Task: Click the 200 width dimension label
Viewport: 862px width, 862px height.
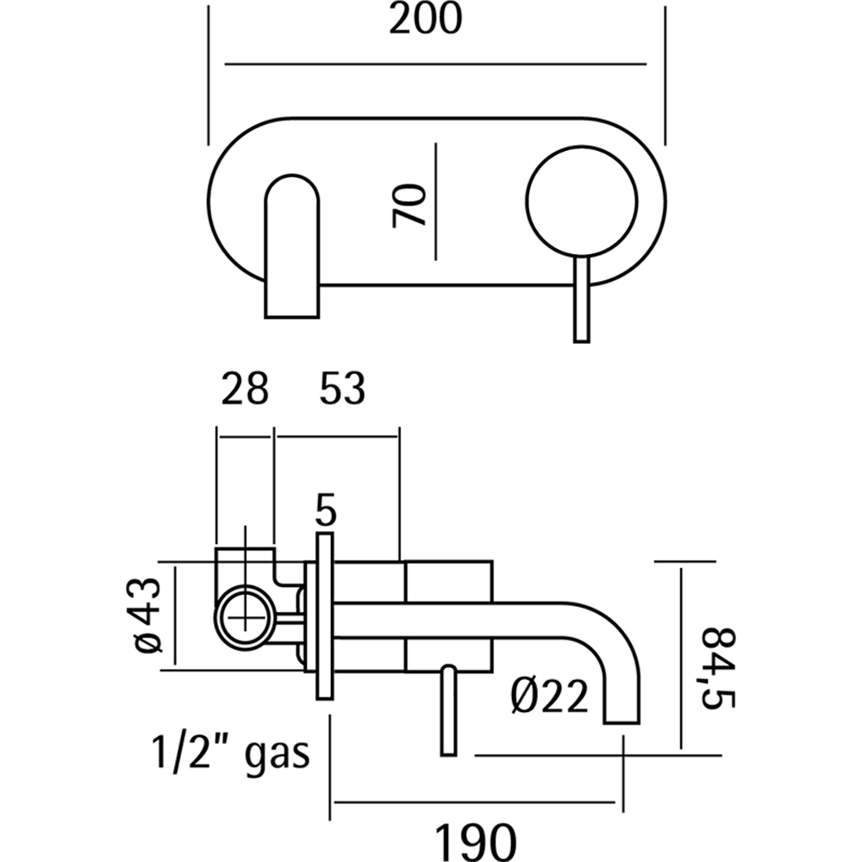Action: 425,20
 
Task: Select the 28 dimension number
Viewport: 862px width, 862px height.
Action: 244,390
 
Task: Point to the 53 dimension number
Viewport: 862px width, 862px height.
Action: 342,390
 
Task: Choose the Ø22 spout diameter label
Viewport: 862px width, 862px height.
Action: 548,696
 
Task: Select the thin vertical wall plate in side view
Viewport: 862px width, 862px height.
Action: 324,616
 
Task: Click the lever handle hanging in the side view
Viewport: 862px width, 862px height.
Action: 448,711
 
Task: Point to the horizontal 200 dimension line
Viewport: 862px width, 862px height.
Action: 435,63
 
